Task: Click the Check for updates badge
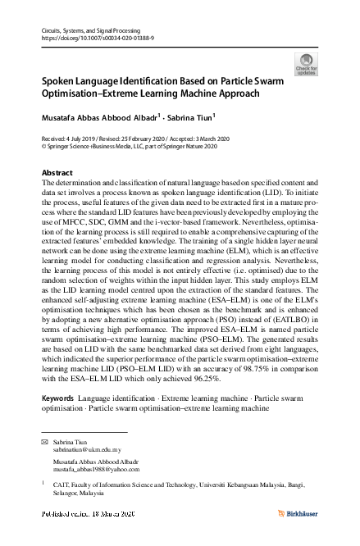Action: coord(306,65)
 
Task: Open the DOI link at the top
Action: coord(98,39)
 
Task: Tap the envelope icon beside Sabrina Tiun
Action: coord(45,442)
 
